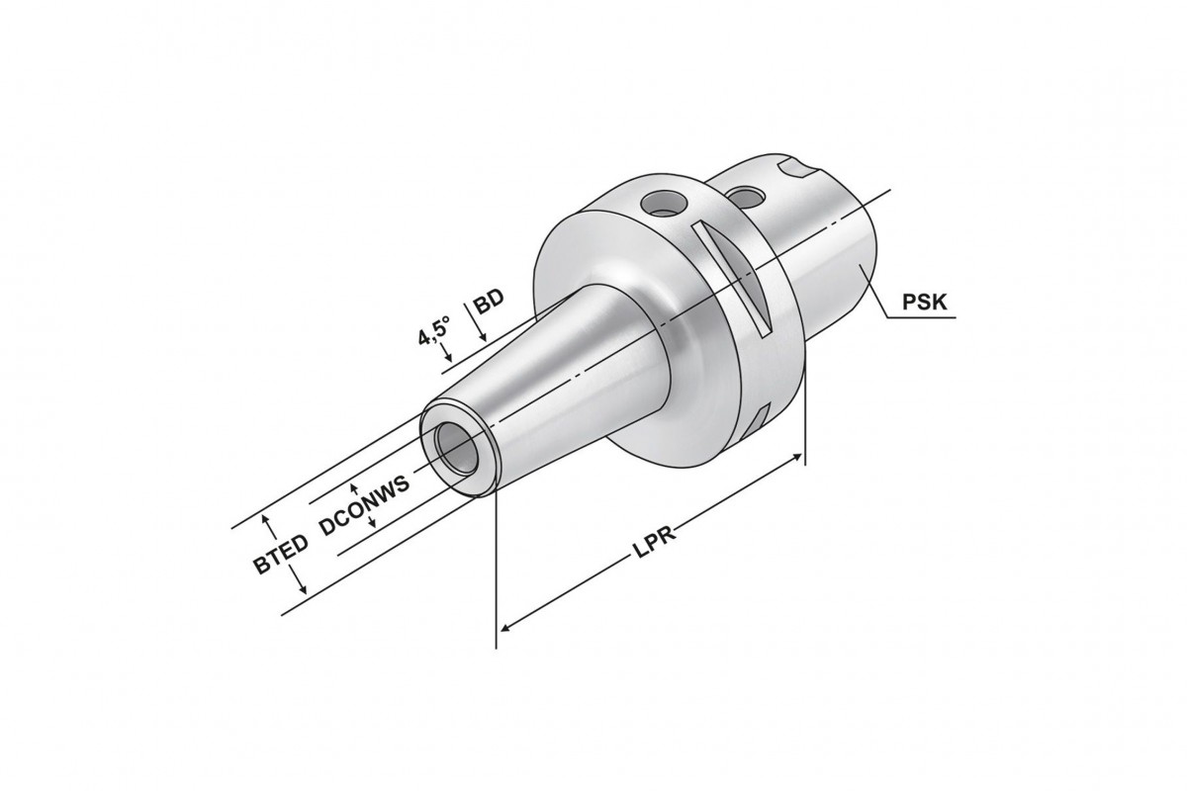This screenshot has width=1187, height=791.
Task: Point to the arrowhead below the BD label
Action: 481,338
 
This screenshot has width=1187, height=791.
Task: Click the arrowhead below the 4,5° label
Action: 448,357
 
